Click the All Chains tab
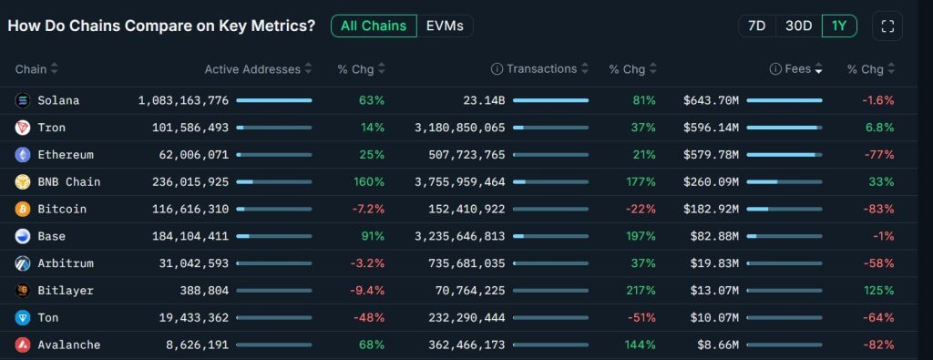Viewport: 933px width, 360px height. coord(374,26)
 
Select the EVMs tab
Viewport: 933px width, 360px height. coord(445,26)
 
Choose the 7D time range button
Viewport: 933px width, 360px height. coord(756,26)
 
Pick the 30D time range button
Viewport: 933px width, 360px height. coord(798,26)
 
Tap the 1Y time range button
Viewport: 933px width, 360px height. coord(838,26)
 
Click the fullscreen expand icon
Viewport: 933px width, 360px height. coord(887,26)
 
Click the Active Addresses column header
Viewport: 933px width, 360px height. coord(252,69)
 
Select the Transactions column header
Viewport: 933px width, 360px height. coord(541,69)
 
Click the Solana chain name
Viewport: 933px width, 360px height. coord(58,100)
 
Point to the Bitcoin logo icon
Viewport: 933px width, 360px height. coord(22,209)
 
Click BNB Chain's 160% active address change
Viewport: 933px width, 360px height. coord(369,182)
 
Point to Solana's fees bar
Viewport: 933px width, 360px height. coord(784,100)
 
